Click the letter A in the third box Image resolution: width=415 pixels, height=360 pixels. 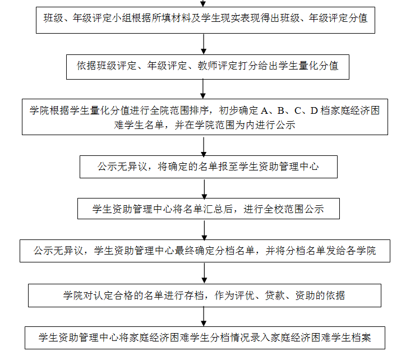[x=264, y=110]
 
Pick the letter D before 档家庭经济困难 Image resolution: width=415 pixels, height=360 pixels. [x=314, y=110]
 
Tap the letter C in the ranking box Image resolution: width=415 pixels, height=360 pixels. [x=298, y=110]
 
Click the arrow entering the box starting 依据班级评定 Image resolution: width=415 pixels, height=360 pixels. [x=204, y=44]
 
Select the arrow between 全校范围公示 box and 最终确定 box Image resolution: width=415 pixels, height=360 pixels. [x=204, y=230]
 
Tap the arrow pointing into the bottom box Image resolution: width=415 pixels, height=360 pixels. [x=204, y=317]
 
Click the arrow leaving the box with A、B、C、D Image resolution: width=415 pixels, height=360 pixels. [x=204, y=146]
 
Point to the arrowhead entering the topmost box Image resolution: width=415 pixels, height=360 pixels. [x=203, y=4]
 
